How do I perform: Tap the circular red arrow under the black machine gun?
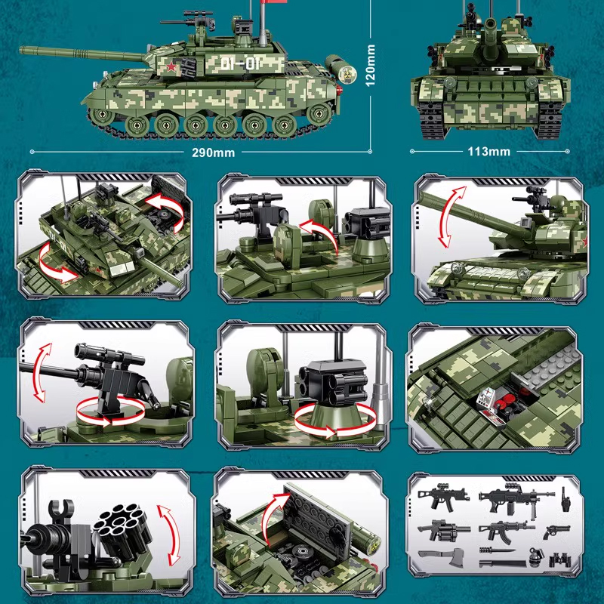109,408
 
